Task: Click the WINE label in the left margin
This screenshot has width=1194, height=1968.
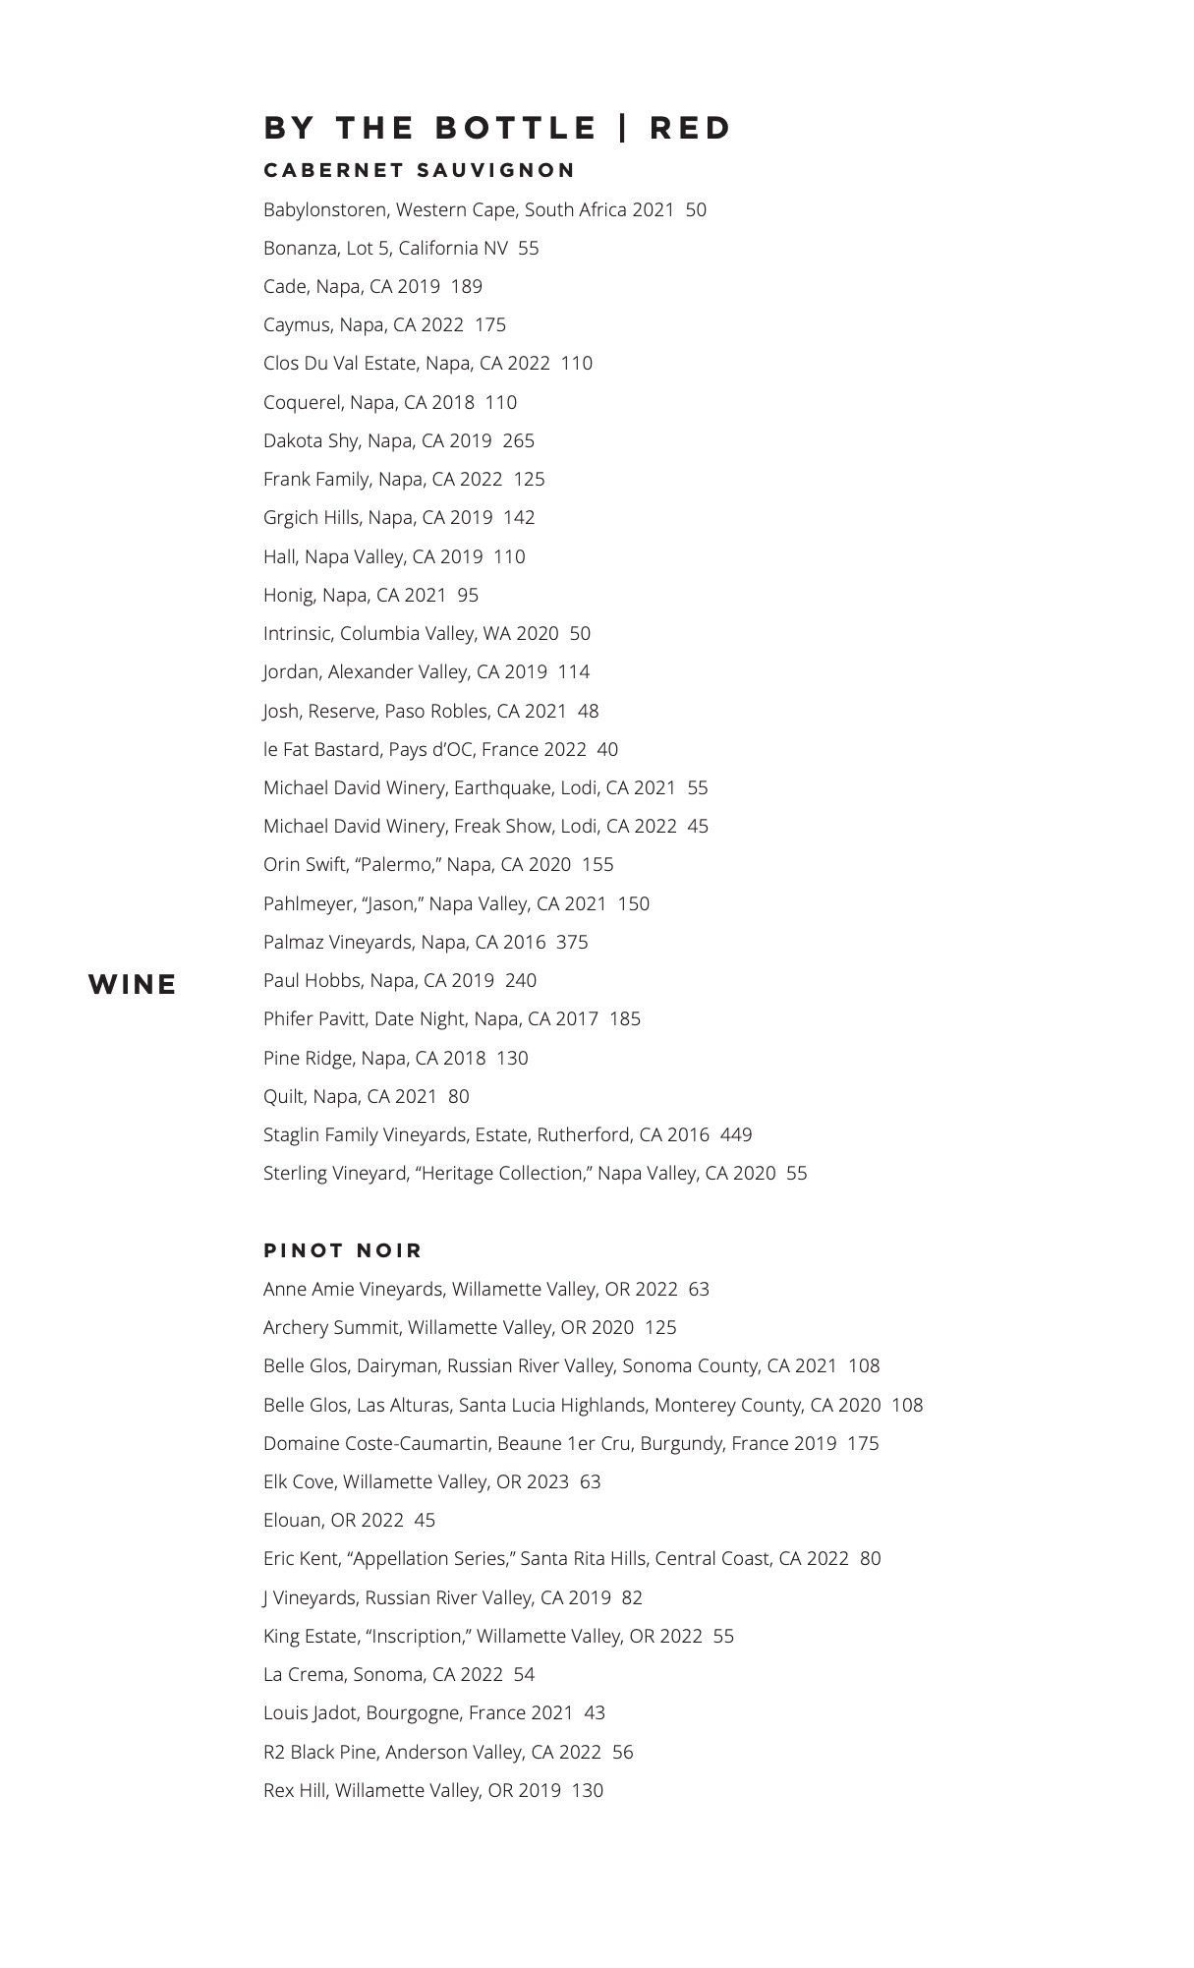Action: point(133,984)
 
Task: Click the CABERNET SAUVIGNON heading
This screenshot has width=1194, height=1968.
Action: point(420,170)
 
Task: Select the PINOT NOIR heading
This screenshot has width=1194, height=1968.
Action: point(343,1250)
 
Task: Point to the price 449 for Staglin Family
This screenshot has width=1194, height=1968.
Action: point(736,1134)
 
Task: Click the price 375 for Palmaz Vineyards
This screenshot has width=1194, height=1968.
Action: point(572,942)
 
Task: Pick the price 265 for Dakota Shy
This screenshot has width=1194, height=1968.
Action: point(519,440)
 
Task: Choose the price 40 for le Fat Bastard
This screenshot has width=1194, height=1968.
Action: point(607,749)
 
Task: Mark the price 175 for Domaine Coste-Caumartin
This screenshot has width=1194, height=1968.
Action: point(863,1443)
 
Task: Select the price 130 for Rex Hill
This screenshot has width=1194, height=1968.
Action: point(587,1790)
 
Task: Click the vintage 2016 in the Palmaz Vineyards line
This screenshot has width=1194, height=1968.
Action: point(524,942)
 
